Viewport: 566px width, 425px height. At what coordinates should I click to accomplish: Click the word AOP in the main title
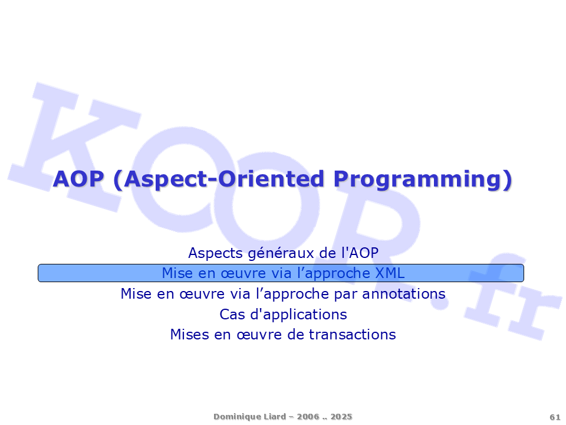[78, 179]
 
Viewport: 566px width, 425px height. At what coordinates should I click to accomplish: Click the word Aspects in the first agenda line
[216, 253]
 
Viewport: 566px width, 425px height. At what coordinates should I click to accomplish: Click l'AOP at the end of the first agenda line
[360, 253]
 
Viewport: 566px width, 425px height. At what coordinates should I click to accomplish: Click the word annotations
[403, 294]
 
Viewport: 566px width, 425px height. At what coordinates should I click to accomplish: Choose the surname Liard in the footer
[274, 416]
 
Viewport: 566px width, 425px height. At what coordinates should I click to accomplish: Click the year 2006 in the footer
[308, 416]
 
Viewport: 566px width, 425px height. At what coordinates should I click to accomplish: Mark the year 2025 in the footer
[341, 416]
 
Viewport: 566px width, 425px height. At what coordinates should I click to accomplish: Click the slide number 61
[555, 417]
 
